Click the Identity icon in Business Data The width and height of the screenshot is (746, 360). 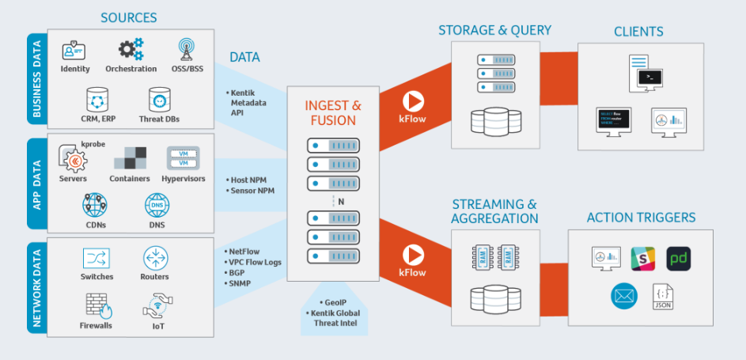click(74, 50)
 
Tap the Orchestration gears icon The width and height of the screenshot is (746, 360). click(131, 49)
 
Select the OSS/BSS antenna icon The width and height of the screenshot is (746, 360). click(187, 49)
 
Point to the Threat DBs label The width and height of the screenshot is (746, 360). click(161, 119)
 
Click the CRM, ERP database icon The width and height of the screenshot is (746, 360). click(97, 100)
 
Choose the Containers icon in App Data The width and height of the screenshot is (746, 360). click(130, 158)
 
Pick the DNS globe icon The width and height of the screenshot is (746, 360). click(157, 206)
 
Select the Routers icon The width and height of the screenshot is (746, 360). click(155, 258)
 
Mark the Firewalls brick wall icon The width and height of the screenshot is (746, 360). click(97, 305)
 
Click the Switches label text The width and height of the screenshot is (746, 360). click(97, 277)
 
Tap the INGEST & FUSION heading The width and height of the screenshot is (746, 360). click(333, 112)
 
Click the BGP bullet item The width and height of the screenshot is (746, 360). click(237, 272)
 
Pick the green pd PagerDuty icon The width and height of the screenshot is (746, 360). click(679, 259)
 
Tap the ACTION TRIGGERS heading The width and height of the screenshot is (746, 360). click(641, 218)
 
